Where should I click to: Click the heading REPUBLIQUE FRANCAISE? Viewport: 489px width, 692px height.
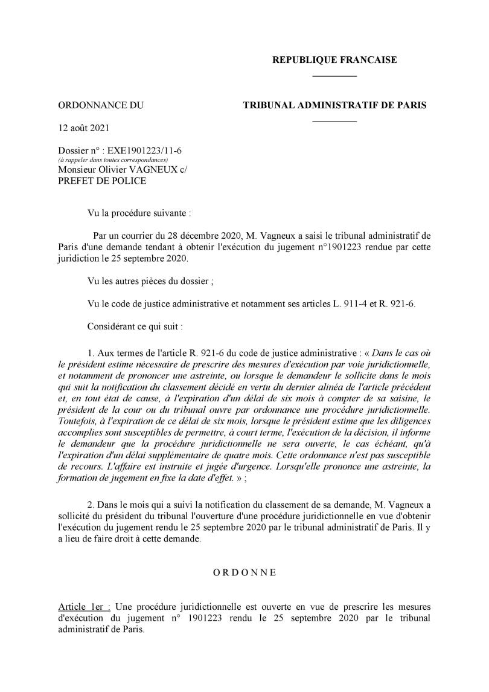tap(334, 60)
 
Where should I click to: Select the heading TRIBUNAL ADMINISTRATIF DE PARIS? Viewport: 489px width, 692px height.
tap(334, 105)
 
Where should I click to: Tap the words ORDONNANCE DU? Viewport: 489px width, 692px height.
tap(101, 105)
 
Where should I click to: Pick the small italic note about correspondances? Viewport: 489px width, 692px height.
tap(108, 160)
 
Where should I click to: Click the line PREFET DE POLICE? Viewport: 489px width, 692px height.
tap(102, 180)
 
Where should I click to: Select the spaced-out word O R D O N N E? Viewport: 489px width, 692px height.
tap(245, 573)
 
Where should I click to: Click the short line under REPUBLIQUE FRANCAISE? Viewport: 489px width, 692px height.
tap(334, 76)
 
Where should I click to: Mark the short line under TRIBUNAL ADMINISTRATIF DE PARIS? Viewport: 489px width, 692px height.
tap(334, 121)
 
